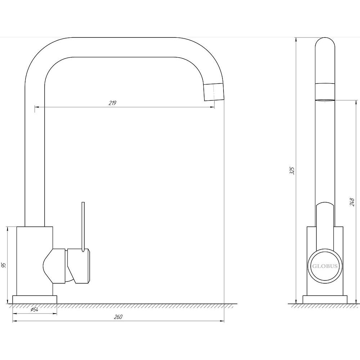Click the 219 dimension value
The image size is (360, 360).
click(112, 103)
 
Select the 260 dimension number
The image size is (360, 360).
click(118, 317)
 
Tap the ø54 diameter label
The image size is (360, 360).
click(34, 310)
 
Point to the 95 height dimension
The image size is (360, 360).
click(4, 265)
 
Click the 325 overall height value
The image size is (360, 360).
click(292, 170)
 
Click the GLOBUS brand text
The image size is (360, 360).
click(325, 266)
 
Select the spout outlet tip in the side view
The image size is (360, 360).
click(325, 100)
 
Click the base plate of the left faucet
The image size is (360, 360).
click(35, 300)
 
